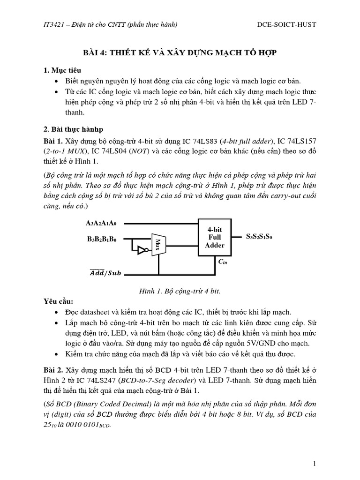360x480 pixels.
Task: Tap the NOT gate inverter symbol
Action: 141,251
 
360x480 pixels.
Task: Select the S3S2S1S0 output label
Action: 259,237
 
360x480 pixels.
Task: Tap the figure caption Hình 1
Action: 180,291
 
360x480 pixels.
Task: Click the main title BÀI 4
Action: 180,53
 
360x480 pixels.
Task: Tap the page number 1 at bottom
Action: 315,464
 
